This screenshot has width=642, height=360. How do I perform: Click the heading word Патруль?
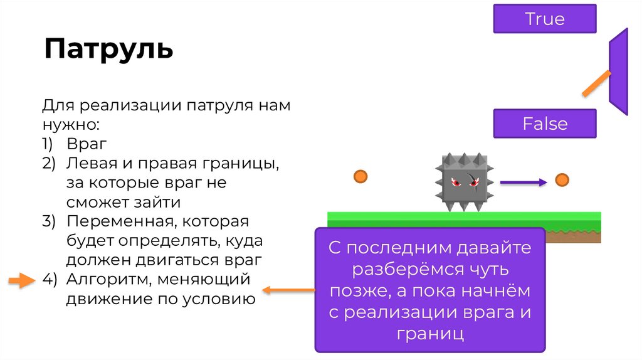point(108,48)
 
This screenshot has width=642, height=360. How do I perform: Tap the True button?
point(544,19)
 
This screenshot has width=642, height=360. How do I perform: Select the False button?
point(544,124)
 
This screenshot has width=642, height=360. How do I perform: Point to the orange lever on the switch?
point(596,83)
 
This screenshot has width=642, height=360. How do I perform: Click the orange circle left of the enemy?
point(360,176)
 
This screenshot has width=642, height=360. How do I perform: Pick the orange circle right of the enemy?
point(562,181)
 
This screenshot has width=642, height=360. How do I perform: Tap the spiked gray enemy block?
point(463,181)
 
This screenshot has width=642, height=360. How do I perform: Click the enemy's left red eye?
point(456,183)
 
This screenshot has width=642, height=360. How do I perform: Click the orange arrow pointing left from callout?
point(288,290)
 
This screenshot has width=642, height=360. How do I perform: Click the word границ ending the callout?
point(429,333)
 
